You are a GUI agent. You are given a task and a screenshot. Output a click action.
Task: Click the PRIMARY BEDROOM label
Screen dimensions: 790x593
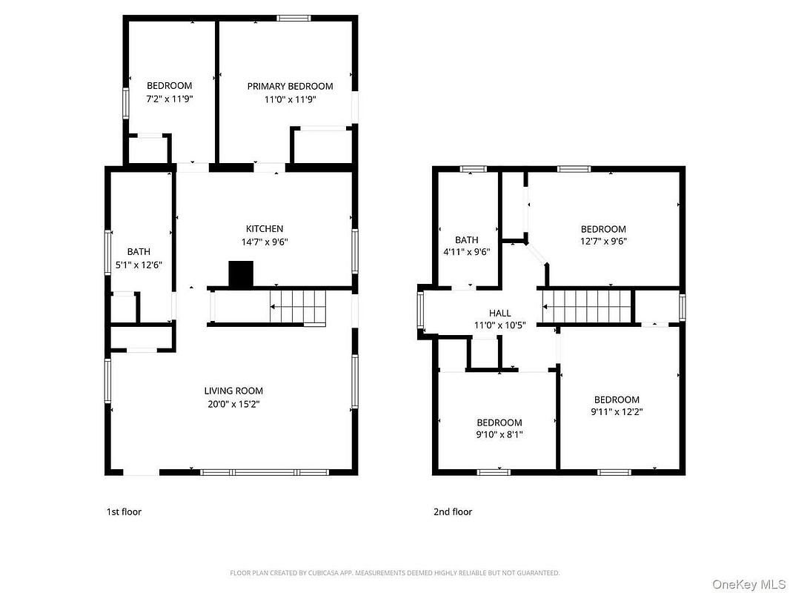[x=290, y=86]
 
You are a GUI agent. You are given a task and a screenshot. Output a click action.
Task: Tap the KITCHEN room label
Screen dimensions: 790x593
[x=265, y=229]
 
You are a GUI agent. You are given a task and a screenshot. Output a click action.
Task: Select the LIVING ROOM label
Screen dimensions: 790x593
[x=233, y=391]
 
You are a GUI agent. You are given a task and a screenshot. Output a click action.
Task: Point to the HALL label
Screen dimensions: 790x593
[x=499, y=313]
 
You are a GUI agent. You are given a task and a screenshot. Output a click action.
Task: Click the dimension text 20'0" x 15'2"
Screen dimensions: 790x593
[x=233, y=404]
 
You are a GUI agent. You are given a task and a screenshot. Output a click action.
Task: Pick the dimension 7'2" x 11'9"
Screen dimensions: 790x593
[x=169, y=99]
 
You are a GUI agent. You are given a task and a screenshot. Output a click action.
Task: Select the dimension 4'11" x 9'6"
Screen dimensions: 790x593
[x=467, y=252]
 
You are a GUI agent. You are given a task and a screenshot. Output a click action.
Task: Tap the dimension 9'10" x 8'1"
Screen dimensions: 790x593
[x=499, y=434]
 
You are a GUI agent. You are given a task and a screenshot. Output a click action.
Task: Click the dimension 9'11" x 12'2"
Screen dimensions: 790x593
[x=617, y=411]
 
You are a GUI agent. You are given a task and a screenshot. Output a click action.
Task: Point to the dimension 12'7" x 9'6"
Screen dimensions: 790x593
[x=603, y=241]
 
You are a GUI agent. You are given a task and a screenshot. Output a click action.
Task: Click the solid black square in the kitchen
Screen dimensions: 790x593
[x=241, y=274]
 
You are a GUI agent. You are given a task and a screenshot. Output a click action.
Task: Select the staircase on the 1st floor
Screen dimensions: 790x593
[x=298, y=307]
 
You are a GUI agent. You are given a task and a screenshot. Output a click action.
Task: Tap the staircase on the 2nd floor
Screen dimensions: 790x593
[x=586, y=306]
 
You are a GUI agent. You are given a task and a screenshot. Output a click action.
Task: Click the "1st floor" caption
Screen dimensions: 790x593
[x=124, y=512]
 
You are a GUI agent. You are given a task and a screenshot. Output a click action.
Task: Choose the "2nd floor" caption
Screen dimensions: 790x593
[x=453, y=512]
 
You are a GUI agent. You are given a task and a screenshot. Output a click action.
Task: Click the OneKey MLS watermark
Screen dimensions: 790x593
[x=748, y=584]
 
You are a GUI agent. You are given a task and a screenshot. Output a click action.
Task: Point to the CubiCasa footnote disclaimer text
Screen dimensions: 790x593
[x=394, y=573]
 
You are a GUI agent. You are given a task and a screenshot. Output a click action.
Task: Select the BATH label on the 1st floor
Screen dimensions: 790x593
[x=139, y=251]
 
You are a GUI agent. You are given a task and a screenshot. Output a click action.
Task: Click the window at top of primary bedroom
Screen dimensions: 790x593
[x=293, y=18]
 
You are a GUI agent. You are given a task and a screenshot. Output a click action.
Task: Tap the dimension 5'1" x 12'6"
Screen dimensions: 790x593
[x=139, y=265]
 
